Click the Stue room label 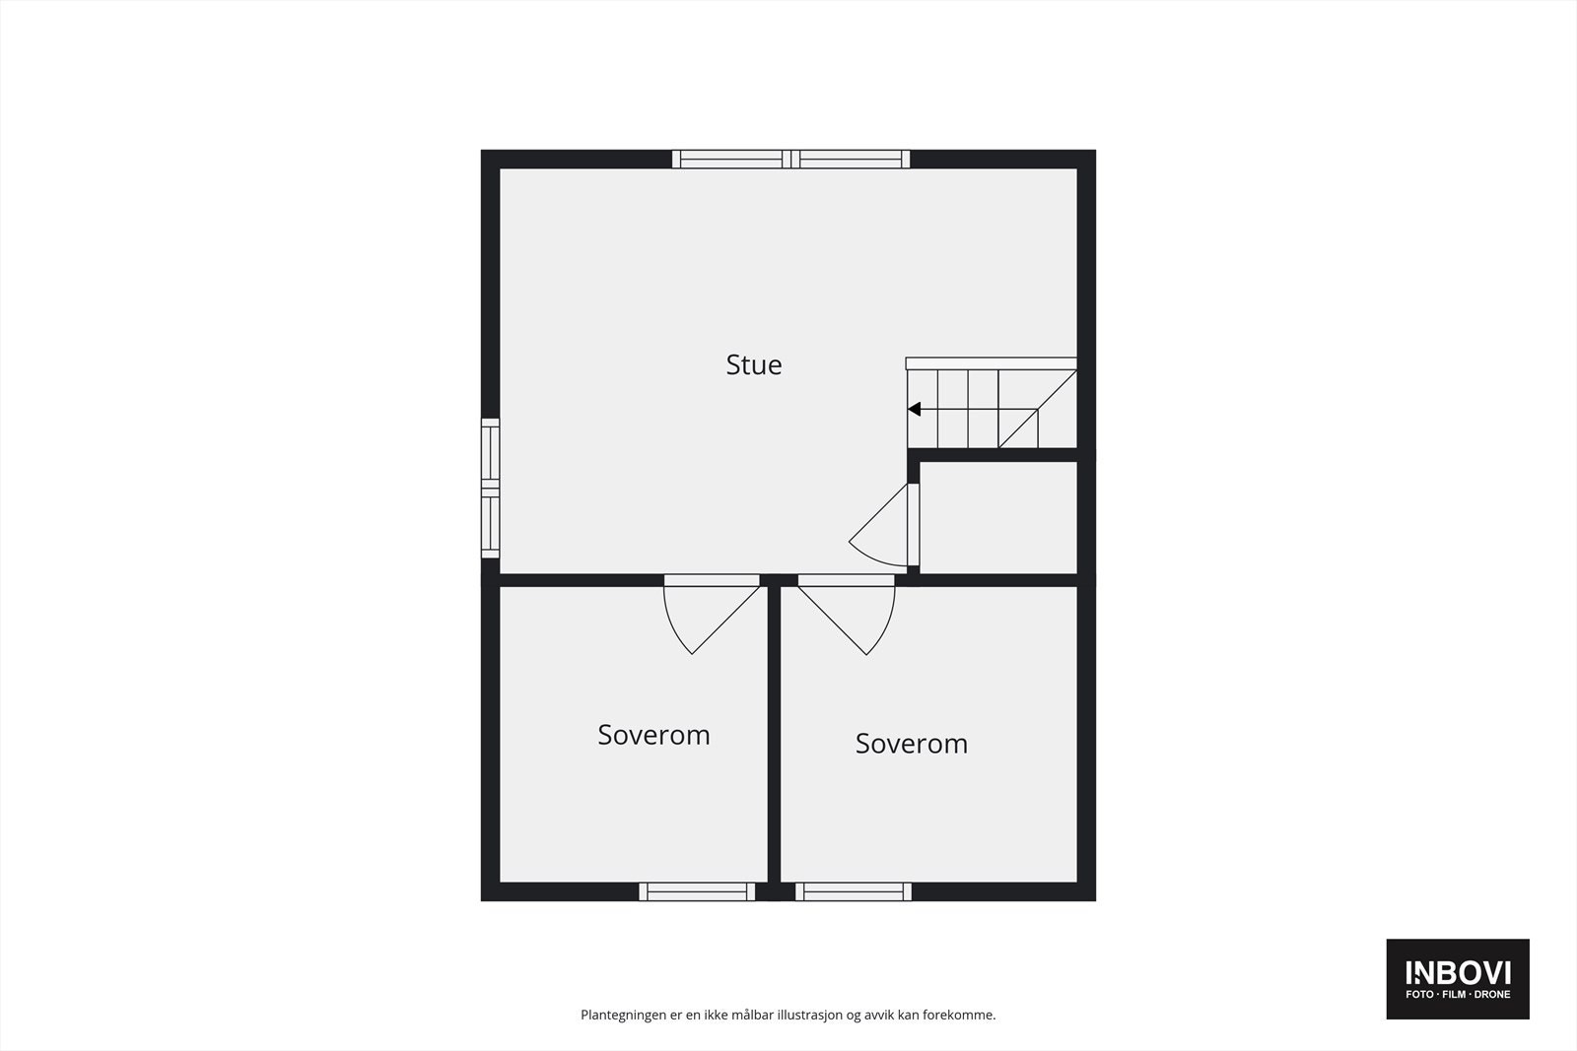pyautogui.click(x=754, y=365)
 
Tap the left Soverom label pyautogui.click(x=653, y=736)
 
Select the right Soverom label pyautogui.click(x=911, y=744)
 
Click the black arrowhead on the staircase pyautogui.click(x=915, y=410)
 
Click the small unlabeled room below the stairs pyautogui.click(x=996, y=516)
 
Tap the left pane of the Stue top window pyautogui.click(x=730, y=159)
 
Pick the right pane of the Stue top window pyautogui.click(x=852, y=159)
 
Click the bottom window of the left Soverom pyautogui.click(x=697, y=891)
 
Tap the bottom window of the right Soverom pyautogui.click(x=854, y=891)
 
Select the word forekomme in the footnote pyautogui.click(x=958, y=1015)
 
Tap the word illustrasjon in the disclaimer pyautogui.click(x=809, y=1015)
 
